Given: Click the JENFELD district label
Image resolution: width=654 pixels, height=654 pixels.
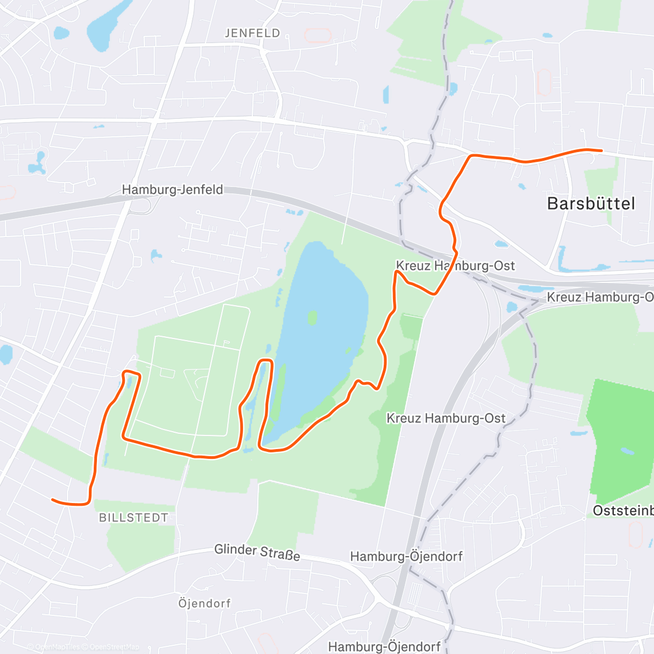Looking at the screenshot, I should pos(252,33).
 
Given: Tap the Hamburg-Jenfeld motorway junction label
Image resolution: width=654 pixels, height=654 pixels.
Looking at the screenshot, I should pos(172,190).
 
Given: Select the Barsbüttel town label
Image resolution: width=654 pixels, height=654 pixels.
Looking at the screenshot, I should pos(591,204).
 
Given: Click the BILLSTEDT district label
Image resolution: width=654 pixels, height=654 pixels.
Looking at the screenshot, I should pos(134,518).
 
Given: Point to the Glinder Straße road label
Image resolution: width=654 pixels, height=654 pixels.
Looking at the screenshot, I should pos(257,551).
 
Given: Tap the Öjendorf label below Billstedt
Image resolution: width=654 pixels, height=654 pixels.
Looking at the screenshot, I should pos(204,603).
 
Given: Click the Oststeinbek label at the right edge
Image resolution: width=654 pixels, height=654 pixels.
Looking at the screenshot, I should pos(622,511).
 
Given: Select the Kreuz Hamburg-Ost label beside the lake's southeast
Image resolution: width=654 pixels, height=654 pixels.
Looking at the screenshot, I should pos(446,419).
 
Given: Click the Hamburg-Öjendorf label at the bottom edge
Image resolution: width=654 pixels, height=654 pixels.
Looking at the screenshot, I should pos(384,647).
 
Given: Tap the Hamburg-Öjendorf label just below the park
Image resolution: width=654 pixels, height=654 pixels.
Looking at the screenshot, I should pos(406,556).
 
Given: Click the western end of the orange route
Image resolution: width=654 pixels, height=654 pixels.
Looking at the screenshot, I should pos(52,499).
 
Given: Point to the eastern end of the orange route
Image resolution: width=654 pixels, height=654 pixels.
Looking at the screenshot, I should pos(601,150).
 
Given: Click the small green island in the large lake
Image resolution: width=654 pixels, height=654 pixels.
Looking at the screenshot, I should pos(312,317).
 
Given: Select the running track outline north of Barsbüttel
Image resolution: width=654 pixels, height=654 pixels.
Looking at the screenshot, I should pos(543,82).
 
